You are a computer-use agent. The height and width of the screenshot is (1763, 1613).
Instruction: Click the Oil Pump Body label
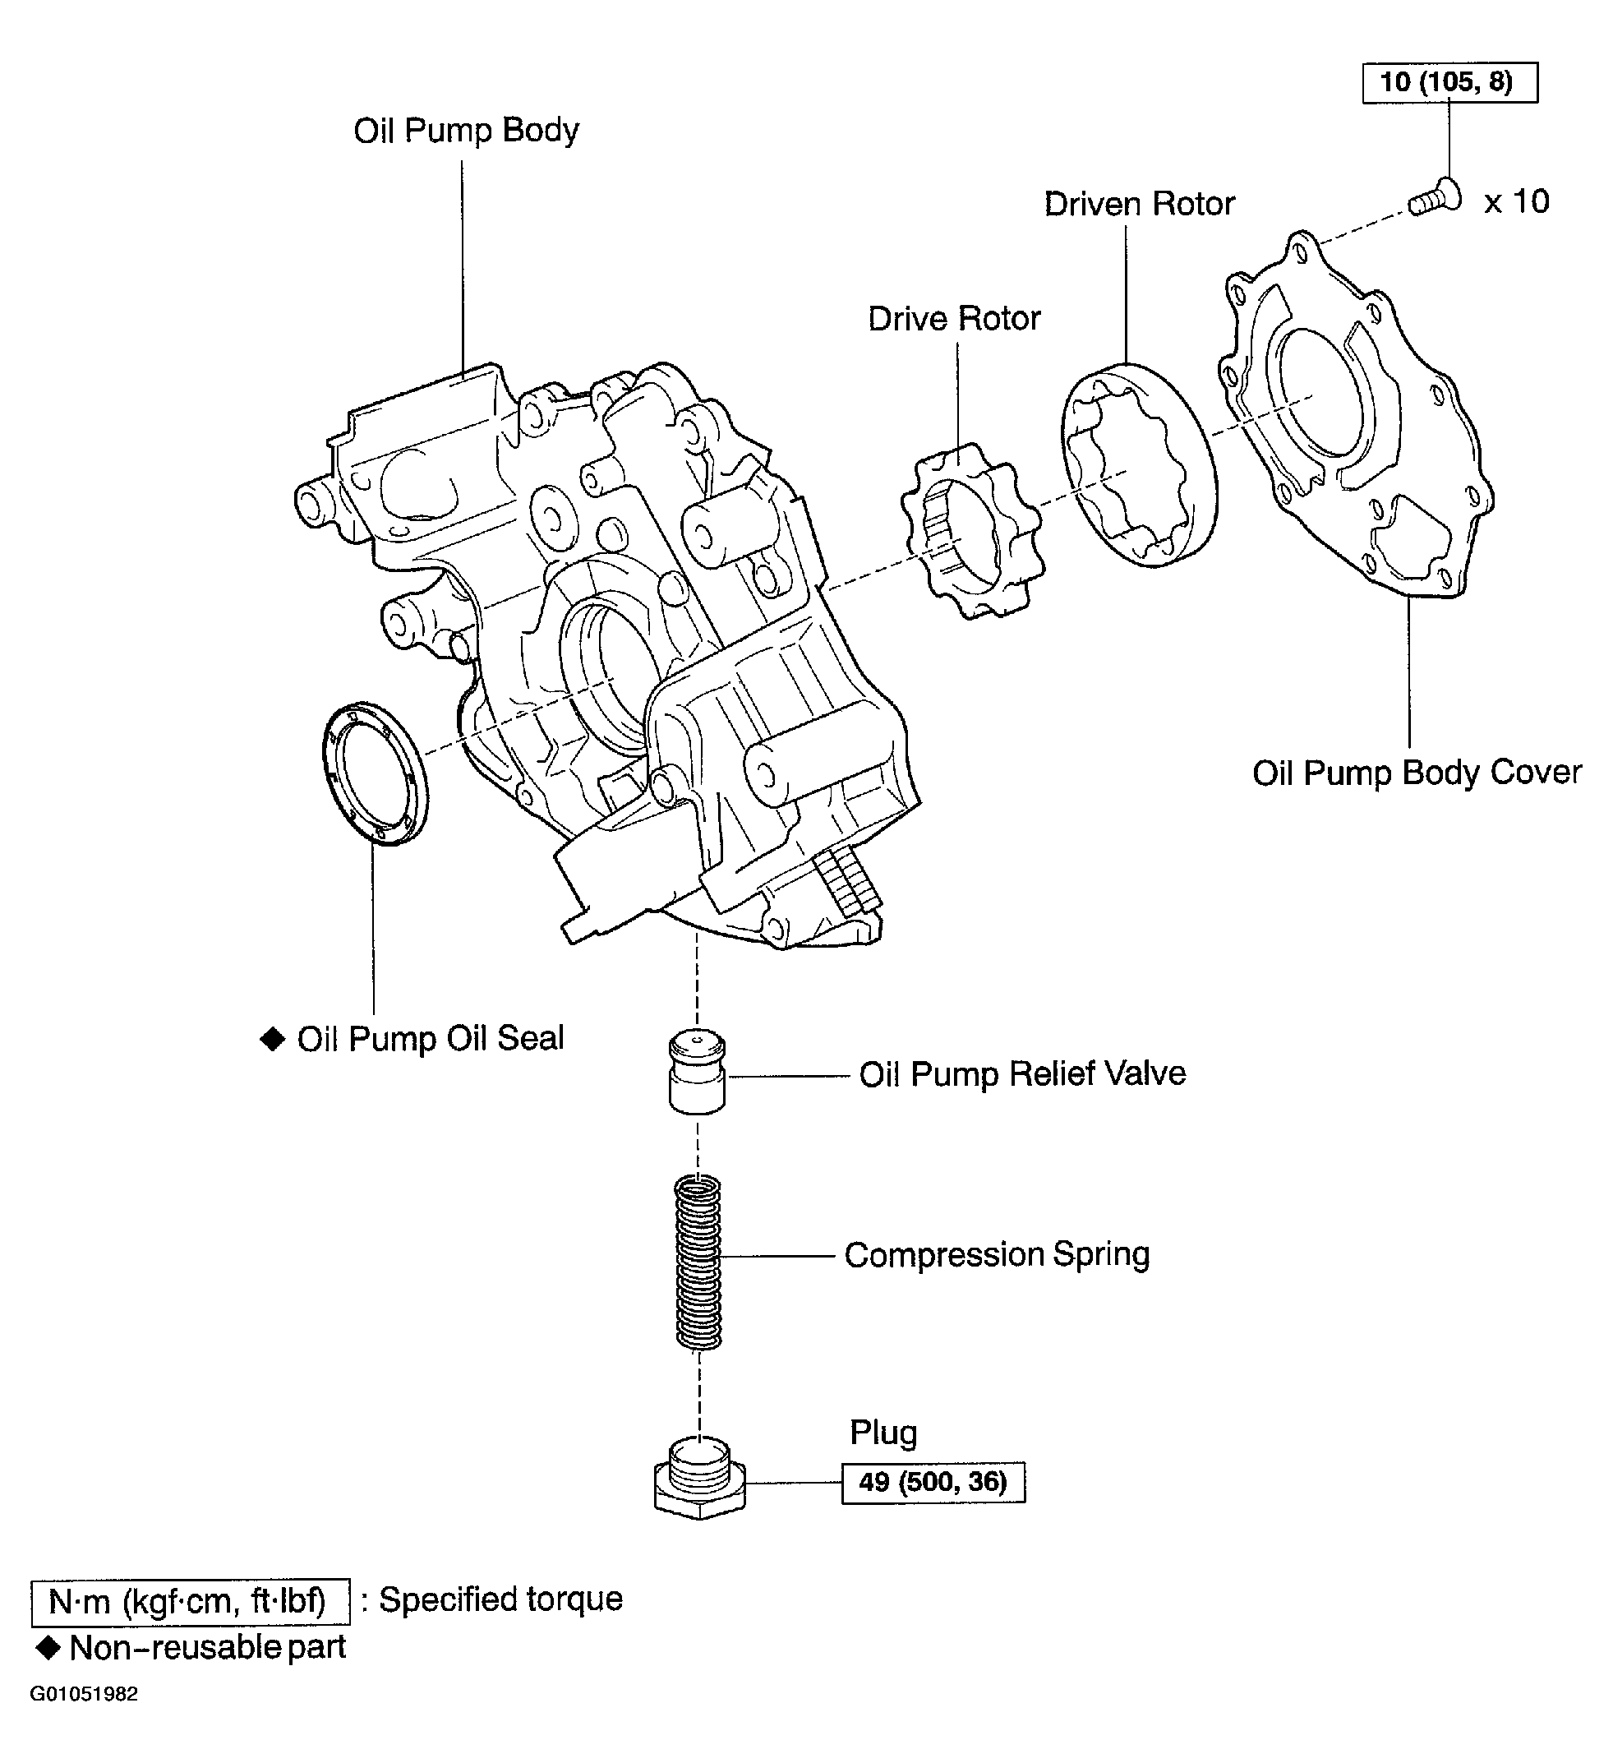[x=466, y=132]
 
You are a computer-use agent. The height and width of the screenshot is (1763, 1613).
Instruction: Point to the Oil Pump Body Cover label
[x=1417, y=773]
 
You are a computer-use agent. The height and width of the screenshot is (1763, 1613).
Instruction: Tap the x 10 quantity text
[x=1517, y=202]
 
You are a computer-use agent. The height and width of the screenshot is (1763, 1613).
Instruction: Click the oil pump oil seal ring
[x=376, y=773]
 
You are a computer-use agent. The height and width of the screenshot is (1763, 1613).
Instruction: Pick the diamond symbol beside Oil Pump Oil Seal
[x=273, y=1039]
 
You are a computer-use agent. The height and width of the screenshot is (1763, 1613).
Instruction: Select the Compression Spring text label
[x=997, y=1255]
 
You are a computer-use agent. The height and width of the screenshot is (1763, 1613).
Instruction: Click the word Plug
[x=883, y=1433]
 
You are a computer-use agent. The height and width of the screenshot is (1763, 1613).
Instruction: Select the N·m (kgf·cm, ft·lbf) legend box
[x=190, y=1602]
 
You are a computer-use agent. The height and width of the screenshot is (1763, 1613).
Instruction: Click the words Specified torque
[x=500, y=1599]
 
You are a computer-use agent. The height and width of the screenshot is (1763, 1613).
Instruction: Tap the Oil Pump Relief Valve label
[x=1022, y=1074]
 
